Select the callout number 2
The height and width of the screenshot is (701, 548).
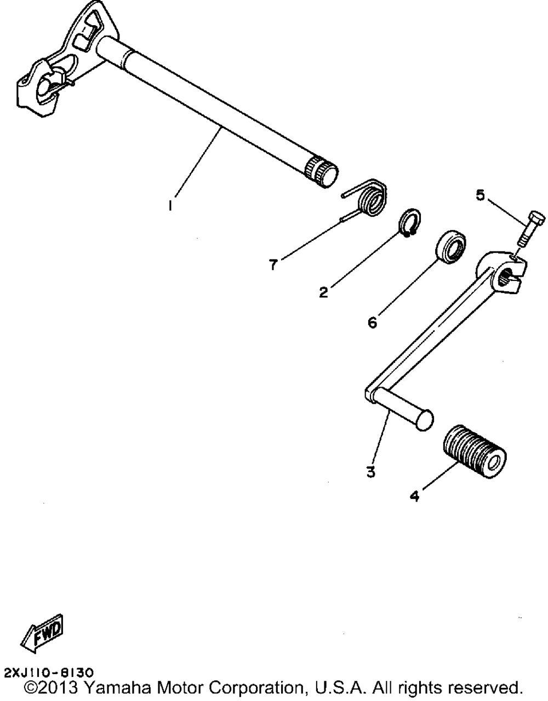point(324,292)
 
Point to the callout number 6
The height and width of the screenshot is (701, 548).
point(373,323)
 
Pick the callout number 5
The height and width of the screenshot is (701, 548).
point(480,196)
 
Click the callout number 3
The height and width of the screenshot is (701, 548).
point(371,471)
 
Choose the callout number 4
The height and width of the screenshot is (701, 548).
point(414,496)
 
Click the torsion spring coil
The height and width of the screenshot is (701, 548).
point(373,199)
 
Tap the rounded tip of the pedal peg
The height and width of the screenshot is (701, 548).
point(424,420)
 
